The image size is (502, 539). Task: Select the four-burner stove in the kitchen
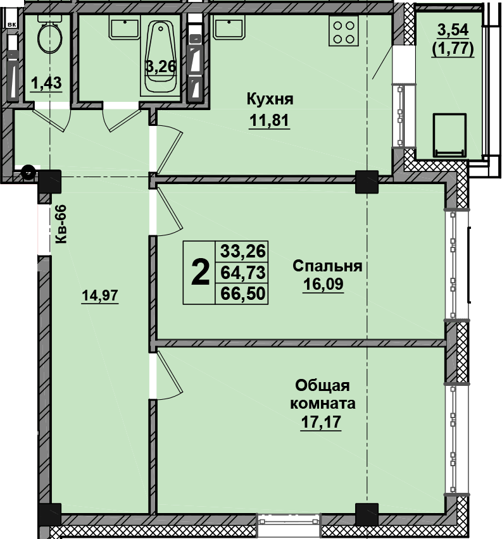pos(343,31)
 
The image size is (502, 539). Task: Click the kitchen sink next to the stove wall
pos(229,27)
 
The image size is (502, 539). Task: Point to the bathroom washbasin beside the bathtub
pos(125,27)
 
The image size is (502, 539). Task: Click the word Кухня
pos(270,99)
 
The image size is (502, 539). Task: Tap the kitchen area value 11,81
pos(269,121)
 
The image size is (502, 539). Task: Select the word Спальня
pos(327,266)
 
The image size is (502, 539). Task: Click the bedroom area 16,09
pos(323,284)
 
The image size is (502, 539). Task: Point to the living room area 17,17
pos(321,421)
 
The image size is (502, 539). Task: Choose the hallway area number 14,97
pos(100,295)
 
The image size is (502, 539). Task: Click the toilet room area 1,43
pos(46,83)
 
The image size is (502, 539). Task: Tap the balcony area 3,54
pos(453,30)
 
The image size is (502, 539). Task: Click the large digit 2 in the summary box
pos(200,273)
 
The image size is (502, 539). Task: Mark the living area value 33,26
pos(243,251)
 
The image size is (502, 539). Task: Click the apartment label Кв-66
pos(61,224)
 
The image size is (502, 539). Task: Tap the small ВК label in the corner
pos(12,25)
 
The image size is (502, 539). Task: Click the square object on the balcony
pos(449,135)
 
